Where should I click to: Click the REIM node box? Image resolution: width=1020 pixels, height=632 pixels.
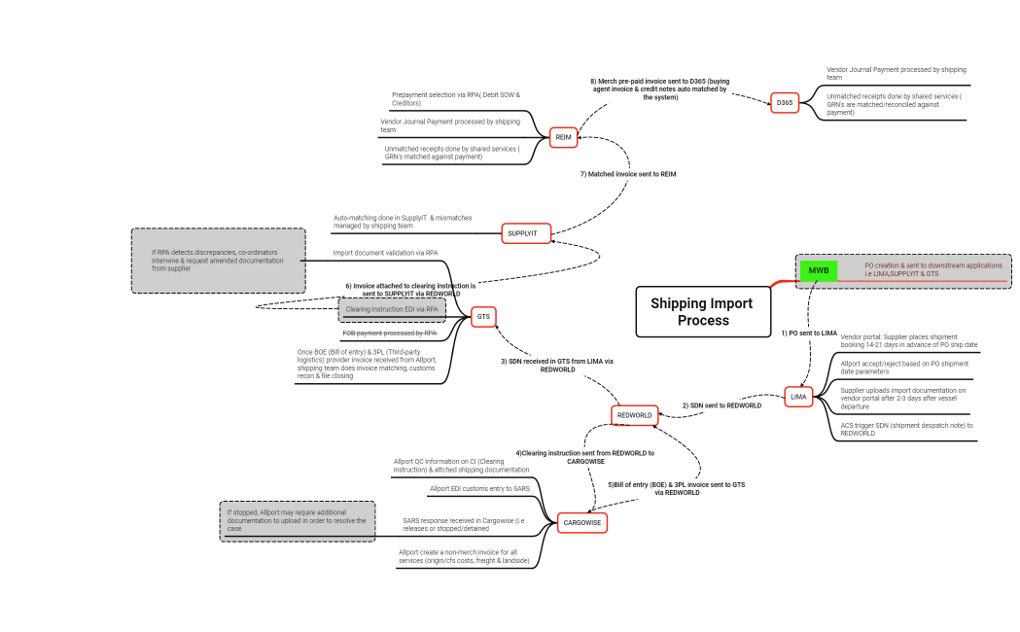point(563,138)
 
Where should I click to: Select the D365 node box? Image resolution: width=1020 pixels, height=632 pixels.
point(785,102)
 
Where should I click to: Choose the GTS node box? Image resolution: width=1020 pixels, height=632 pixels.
point(483,316)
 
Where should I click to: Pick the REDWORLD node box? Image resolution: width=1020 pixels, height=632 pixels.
point(634,415)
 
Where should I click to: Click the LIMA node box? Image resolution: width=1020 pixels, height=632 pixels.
point(798,397)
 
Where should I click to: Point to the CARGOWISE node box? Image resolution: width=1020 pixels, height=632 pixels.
point(582,523)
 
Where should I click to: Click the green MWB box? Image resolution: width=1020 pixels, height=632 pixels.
point(818,270)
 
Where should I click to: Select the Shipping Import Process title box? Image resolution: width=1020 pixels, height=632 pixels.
point(703,312)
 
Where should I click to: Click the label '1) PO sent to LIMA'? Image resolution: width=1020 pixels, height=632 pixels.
point(809,334)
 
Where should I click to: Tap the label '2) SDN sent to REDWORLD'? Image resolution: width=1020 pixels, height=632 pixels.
point(721,405)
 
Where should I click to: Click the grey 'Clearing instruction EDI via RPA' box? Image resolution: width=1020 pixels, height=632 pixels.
point(392,310)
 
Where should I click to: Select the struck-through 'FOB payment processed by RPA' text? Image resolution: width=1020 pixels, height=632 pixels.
point(390,333)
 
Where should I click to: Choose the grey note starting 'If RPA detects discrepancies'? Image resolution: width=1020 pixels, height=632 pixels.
point(219,261)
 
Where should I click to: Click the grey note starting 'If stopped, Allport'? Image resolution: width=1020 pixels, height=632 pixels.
point(298,521)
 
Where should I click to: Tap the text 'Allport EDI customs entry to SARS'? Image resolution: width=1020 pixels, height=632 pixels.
point(479,489)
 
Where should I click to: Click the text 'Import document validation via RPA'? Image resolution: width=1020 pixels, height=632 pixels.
point(385,254)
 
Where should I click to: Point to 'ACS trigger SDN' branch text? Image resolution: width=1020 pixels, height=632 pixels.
point(906,429)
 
